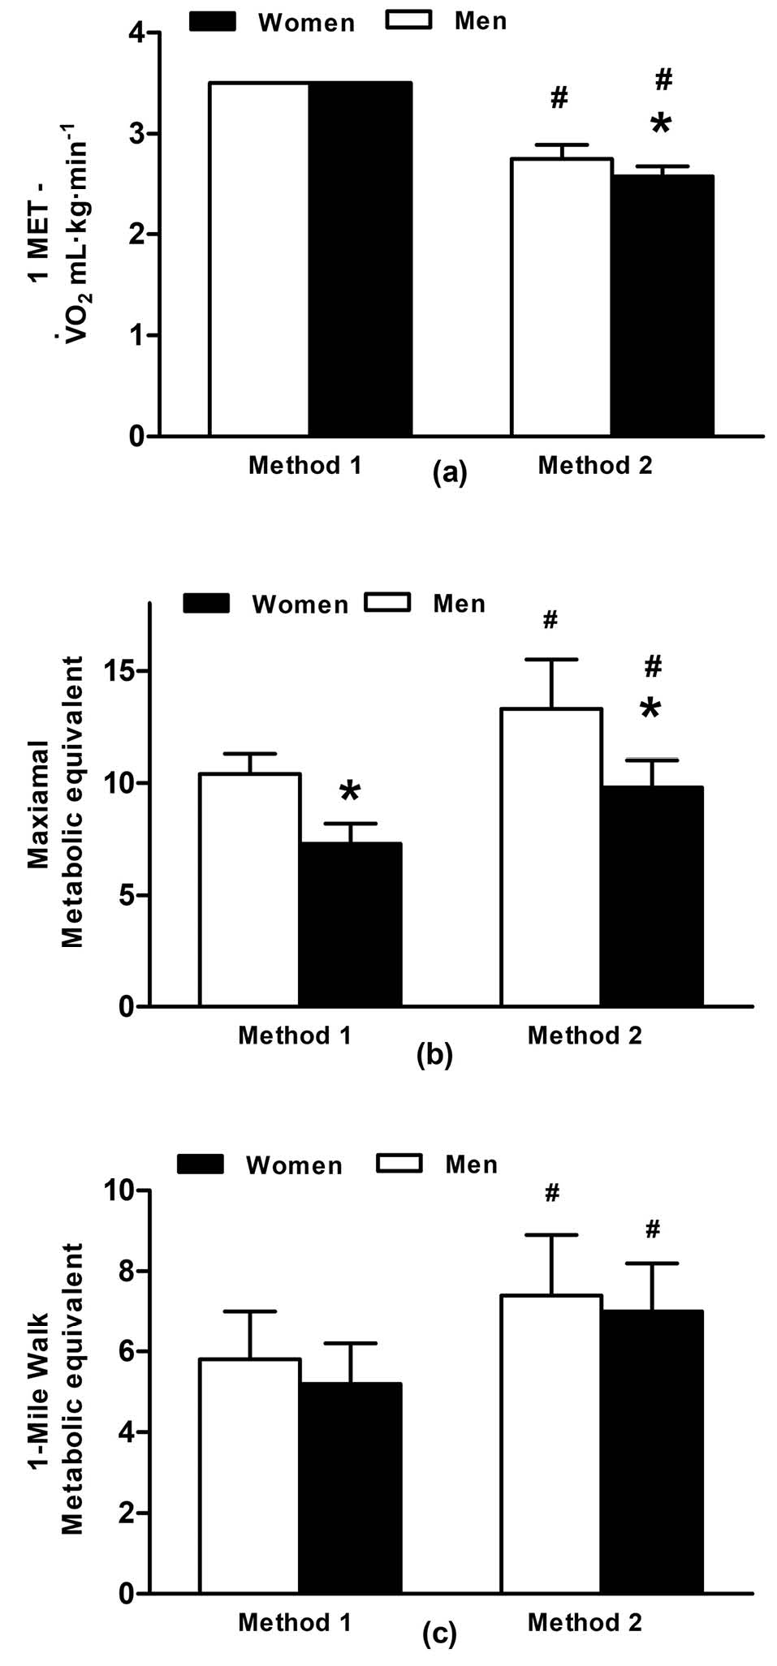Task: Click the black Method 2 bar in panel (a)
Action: tap(662, 305)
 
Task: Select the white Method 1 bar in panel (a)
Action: tap(259, 259)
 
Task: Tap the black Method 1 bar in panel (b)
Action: tap(350, 925)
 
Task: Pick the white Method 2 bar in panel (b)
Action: tap(551, 858)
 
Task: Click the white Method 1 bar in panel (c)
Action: tap(249, 1476)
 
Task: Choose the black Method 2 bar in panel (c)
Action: tap(652, 1452)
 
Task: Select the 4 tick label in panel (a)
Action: tap(136, 33)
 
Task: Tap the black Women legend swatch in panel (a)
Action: tap(212, 21)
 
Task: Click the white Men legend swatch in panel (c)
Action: tap(399, 1164)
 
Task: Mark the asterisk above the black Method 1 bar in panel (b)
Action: tap(350, 792)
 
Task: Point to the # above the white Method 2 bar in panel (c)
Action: tap(552, 1192)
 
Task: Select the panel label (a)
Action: tap(450, 472)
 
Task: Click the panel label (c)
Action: tap(439, 1634)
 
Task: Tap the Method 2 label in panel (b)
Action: tap(585, 1035)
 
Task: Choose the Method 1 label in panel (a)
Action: tap(304, 465)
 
